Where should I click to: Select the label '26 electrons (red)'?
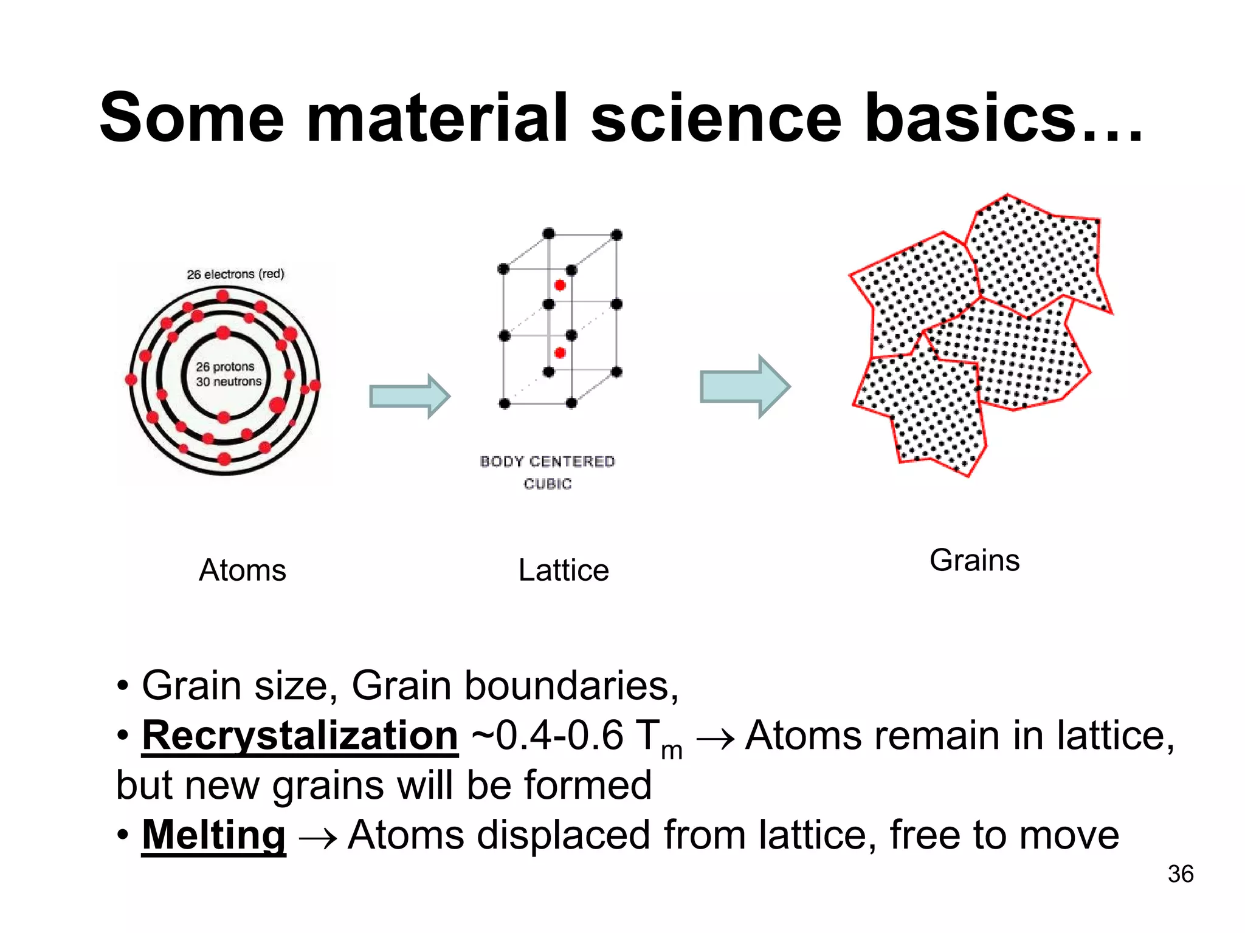point(235,274)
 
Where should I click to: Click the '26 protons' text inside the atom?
point(225,367)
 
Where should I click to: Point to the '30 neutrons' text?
point(229,381)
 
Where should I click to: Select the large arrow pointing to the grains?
point(745,387)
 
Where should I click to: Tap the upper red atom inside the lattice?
point(560,285)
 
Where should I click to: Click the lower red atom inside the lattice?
point(560,353)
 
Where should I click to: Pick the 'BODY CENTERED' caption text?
point(547,462)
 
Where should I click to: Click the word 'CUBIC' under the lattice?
point(547,484)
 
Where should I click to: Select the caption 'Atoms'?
point(242,570)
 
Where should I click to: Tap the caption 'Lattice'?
point(563,570)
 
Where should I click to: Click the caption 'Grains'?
point(974,560)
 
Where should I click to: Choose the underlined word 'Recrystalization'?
point(300,736)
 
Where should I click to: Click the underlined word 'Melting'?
point(213,835)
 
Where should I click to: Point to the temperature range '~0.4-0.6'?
point(547,736)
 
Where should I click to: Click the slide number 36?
point(1180,874)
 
